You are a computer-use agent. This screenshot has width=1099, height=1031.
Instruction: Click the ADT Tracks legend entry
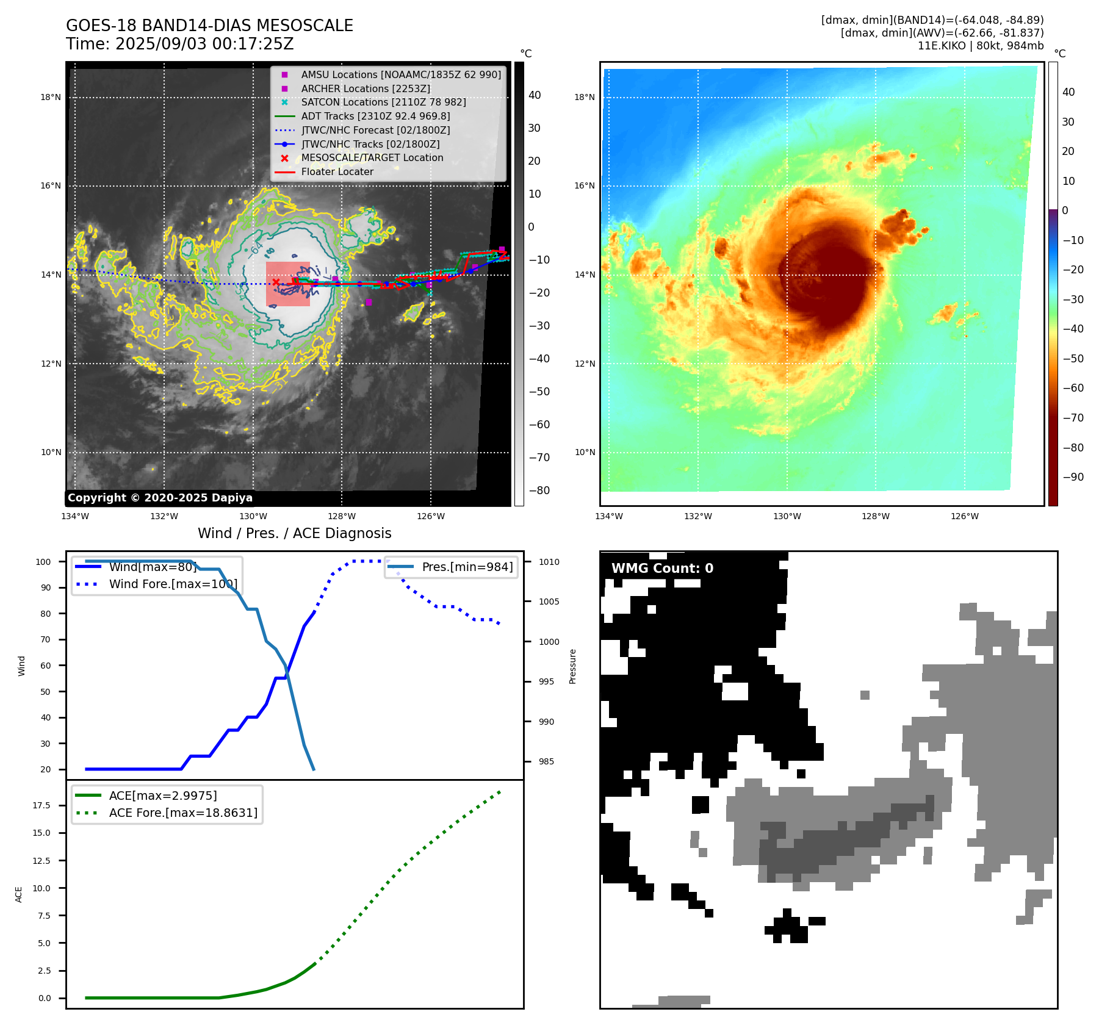(x=375, y=116)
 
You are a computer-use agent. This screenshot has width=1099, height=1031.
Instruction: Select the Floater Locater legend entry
(x=337, y=171)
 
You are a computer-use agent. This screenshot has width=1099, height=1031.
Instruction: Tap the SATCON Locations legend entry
(x=383, y=102)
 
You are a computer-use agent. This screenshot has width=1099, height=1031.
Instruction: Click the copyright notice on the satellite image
(x=160, y=498)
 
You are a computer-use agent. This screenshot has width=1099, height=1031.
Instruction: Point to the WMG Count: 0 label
(x=662, y=569)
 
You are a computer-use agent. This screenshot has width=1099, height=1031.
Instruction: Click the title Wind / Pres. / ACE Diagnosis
(x=294, y=533)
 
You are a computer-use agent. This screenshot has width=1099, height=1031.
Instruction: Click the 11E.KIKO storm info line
(x=980, y=46)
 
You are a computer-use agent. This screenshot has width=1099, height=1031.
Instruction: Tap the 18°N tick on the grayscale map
(x=51, y=97)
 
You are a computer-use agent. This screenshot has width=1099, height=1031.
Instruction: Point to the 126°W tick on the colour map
(x=964, y=516)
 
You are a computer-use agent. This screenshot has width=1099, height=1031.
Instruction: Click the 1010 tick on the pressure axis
(x=549, y=562)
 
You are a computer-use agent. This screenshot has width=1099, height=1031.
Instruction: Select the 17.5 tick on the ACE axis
(x=41, y=805)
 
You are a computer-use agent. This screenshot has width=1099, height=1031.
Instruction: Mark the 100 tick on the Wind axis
(x=43, y=562)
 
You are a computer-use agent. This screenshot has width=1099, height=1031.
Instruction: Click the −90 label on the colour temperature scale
(x=1073, y=477)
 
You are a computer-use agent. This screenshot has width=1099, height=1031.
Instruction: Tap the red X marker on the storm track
(x=276, y=282)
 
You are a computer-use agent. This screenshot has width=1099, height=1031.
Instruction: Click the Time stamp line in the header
(x=180, y=44)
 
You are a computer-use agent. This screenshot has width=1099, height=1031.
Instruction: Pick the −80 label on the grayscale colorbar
(x=539, y=490)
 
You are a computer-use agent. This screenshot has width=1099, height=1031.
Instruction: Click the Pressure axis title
(x=572, y=666)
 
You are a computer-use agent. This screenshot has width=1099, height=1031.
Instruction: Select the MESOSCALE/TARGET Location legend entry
(x=372, y=157)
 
